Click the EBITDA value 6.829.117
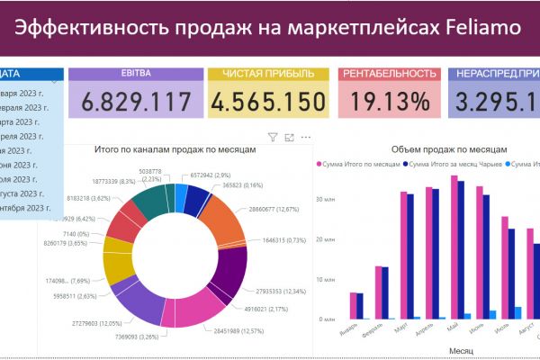137,101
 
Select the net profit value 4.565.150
267,101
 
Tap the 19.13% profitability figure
389,101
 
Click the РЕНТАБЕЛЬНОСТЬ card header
389,74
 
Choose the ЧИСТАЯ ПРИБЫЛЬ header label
267,74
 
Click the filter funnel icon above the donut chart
273,138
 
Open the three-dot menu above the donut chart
306,138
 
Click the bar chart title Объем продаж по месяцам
450,149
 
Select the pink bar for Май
454,247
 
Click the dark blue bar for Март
410,256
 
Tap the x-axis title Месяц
447,351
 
